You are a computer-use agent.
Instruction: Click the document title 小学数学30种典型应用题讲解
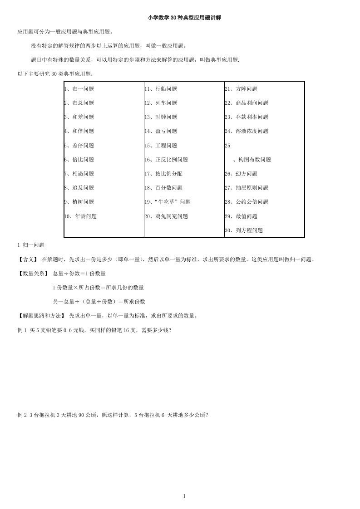[184, 18]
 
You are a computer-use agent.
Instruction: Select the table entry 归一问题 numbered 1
[79, 89]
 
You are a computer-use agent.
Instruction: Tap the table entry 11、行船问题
[161, 89]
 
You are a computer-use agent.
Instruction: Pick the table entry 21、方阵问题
[241, 89]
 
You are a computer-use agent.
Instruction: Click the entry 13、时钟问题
[161, 117]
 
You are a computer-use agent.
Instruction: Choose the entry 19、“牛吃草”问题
[168, 202]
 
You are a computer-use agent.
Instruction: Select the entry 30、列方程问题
[243, 230]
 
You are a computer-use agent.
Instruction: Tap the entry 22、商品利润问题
[246, 103]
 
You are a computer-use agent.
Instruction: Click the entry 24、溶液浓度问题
[246, 131]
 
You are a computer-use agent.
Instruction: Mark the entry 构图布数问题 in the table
[252, 160]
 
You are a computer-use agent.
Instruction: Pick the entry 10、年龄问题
[80, 216]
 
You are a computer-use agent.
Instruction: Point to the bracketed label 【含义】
[28, 259]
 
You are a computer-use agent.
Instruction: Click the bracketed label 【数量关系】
[32, 274]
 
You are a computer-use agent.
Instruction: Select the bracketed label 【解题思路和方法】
[41, 316]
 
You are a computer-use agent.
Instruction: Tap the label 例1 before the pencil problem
[22, 330]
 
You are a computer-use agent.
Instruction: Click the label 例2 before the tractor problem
[22, 415]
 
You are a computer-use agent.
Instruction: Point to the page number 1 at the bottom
[184, 496]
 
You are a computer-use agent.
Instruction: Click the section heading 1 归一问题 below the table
[31, 245]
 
